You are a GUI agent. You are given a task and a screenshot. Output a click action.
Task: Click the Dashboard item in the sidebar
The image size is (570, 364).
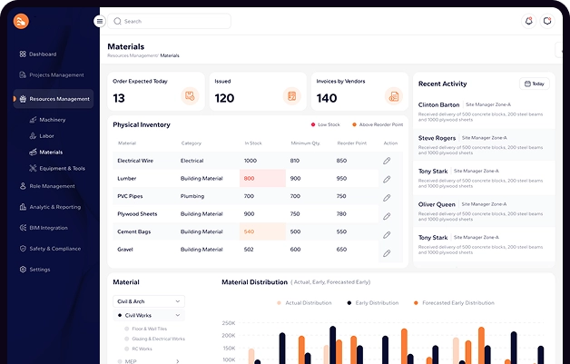tap(42, 54)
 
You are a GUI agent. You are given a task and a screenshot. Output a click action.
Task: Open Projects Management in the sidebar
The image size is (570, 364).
tap(55, 75)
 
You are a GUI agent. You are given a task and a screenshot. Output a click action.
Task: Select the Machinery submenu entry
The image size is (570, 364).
tap(52, 119)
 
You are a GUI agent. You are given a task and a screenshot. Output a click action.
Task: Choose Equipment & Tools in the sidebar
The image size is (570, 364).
tap(62, 168)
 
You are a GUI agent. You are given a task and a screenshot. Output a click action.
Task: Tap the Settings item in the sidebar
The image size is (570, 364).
tap(39, 270)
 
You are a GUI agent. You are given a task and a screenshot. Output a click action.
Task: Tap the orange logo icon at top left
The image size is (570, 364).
tap(22, 21)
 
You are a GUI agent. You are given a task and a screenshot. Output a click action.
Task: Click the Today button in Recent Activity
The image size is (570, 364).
tap(534, 84)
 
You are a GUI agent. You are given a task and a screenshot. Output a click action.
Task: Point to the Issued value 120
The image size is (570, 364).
tap(224, 98)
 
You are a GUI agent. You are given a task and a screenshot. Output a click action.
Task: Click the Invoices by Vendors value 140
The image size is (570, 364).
tap(327, 98)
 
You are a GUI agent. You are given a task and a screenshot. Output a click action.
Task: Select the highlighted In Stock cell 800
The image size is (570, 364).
tap(250, 178)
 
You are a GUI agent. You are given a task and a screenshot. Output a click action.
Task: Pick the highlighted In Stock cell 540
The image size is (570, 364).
tap(250, 231)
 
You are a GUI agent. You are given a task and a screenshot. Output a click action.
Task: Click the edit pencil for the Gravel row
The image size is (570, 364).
tap(387, 250)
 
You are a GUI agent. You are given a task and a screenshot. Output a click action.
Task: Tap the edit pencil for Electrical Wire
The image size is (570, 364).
tap(387, 161)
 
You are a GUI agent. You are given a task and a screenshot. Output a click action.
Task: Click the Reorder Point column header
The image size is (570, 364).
tap(351, 143)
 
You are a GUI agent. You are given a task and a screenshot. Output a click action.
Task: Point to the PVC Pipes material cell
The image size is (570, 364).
tap(131, 196)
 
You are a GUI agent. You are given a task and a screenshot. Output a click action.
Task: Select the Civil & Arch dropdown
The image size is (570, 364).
tap(149, 300)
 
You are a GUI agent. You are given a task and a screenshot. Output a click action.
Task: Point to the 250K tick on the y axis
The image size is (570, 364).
tap(229, 322)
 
